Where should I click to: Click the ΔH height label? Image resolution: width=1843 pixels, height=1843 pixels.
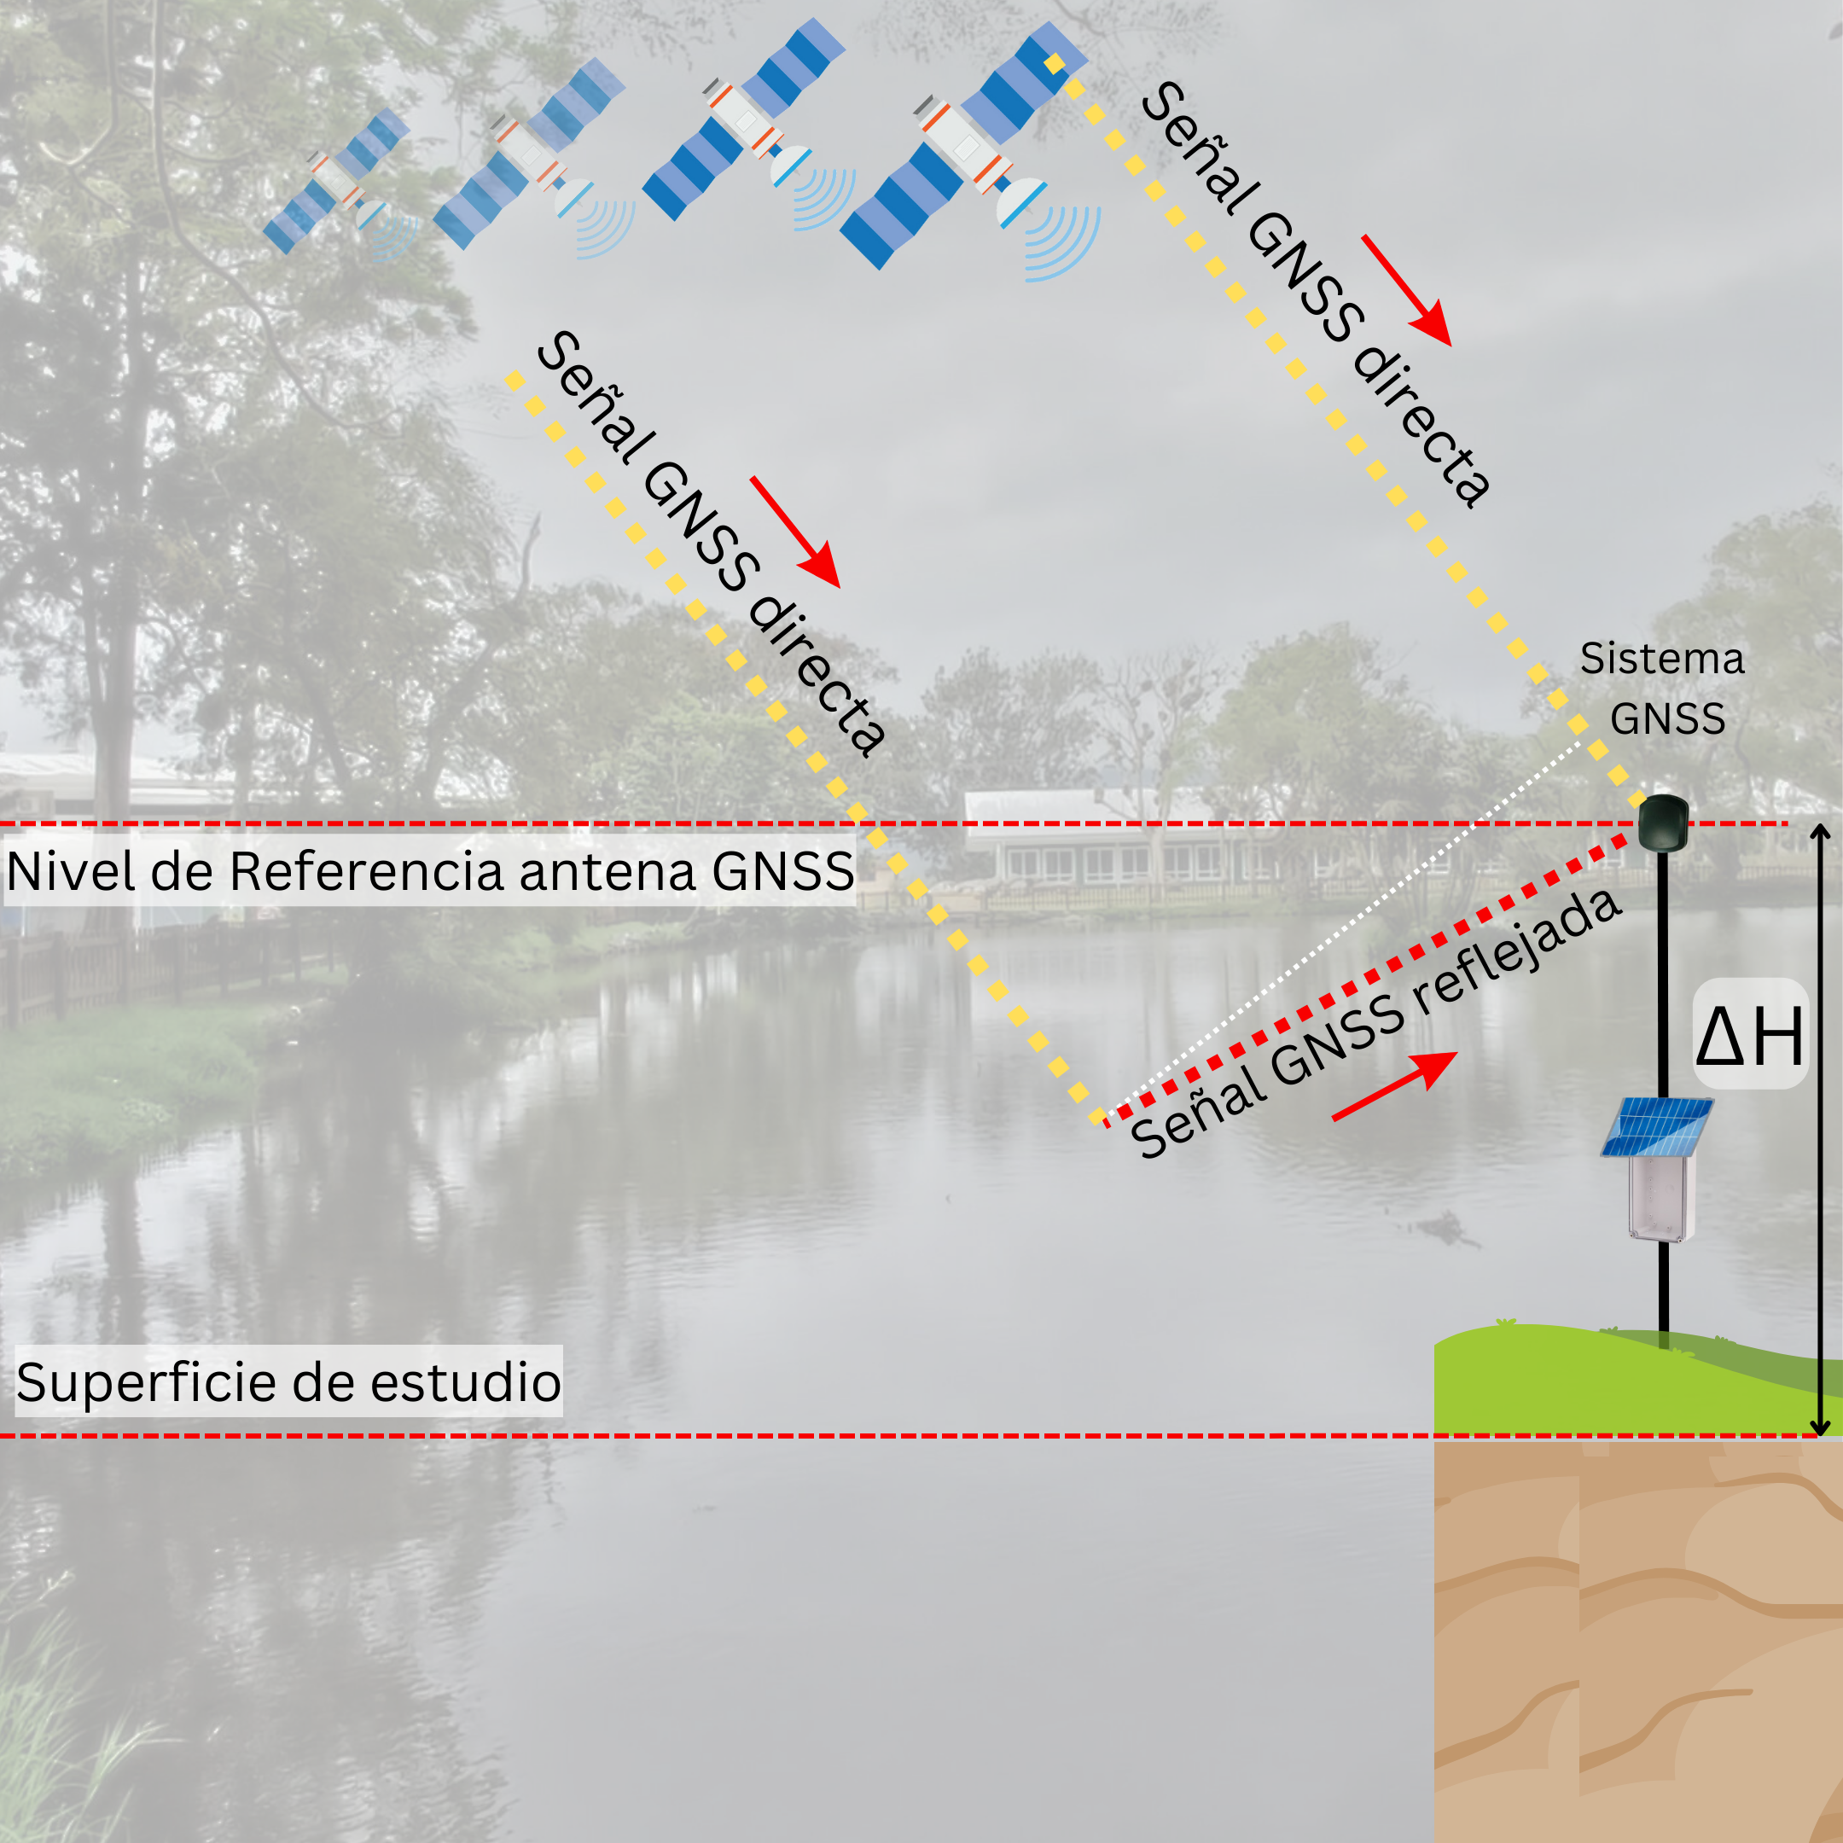[x=1749, y=1035]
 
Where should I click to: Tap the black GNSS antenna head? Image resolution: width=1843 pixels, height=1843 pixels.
[x=1663, y=823]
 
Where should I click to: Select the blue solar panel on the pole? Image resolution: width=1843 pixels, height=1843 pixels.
[x=1656, y=1127]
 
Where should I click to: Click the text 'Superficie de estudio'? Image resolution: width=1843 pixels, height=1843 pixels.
[x=288, y=1382]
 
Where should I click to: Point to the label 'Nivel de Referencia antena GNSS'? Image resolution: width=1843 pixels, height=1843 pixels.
[x=430, y=871]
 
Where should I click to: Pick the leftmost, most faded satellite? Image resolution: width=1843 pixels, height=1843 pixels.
[x=339, y=181]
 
